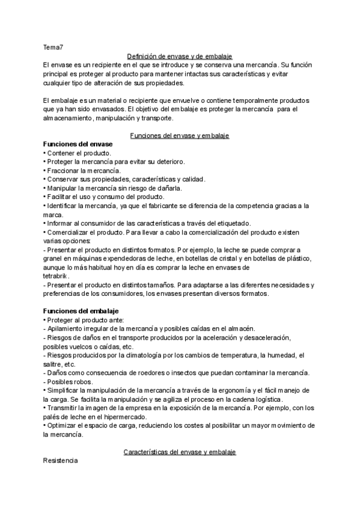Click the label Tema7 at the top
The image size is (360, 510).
point(53,47)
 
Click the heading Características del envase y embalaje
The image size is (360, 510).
point(180,451)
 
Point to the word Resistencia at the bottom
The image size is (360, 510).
point(61,461)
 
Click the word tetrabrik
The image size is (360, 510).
point(55,276)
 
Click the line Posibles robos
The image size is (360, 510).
point(69,382)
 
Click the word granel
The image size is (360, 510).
point(55,259)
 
